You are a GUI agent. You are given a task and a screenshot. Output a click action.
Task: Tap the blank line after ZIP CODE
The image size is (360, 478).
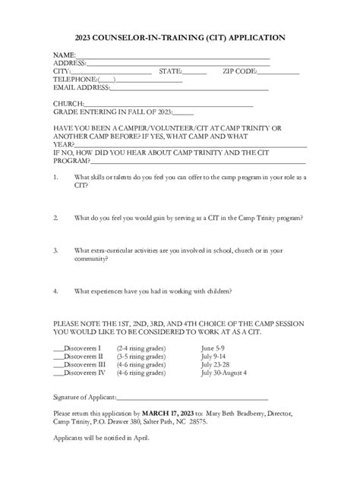pyautogui.click(x=279, y=71)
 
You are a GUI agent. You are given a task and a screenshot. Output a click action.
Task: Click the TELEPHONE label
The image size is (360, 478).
pyautogui.click(x=74, y=79)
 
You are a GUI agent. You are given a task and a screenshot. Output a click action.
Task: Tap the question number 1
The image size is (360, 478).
pyautogui.click(x=55, y=177)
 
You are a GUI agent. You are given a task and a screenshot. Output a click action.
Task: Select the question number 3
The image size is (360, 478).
pyautogui.click(x=55, y=249)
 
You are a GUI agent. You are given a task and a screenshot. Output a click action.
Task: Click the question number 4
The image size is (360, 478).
pyautogui.click(x=55, y=290)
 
